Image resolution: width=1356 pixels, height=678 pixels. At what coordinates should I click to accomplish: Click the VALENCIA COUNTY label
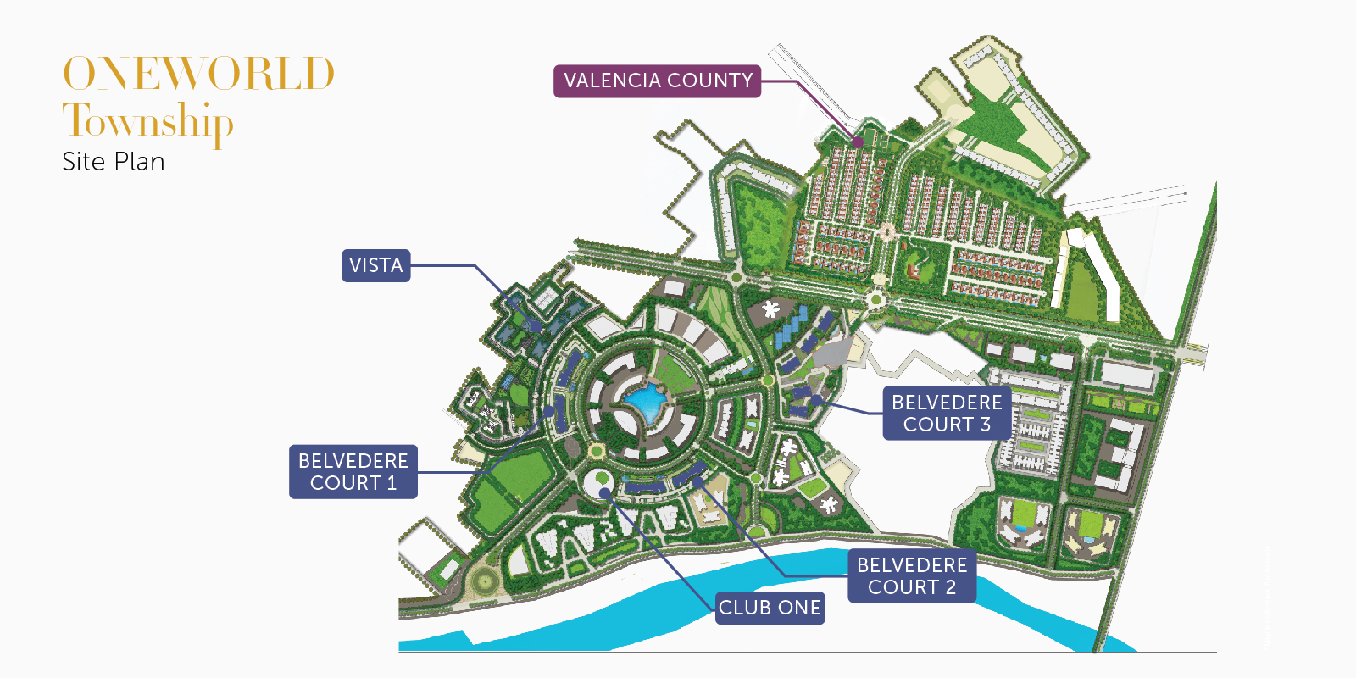657,81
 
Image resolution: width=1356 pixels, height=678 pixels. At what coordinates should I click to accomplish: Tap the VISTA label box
375,265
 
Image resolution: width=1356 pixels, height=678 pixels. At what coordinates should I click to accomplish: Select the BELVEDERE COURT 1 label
353,472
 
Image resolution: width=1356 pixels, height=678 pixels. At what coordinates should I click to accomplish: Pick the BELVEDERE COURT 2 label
911,576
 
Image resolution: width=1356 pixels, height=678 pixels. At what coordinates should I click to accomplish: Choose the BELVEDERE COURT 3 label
947,414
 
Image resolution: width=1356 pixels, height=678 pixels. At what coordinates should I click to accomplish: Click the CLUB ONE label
770,608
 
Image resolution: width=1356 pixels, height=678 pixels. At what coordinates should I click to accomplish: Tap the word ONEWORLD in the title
199,74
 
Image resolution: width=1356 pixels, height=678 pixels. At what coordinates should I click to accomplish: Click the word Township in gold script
147,121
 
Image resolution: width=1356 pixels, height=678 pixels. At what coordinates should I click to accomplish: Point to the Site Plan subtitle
114,162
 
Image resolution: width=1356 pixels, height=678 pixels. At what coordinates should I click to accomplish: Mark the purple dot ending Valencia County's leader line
858,142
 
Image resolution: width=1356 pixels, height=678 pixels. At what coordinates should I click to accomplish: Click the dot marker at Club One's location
603,492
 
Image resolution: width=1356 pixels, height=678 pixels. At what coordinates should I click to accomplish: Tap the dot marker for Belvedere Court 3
815,400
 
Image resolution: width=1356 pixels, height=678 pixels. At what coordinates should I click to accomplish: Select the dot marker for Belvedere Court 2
697,482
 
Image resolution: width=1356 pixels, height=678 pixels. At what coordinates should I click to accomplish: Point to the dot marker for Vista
536,325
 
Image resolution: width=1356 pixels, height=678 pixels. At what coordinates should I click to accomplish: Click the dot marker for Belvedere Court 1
549,412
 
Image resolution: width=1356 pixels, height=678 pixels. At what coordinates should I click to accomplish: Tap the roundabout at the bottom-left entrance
485,581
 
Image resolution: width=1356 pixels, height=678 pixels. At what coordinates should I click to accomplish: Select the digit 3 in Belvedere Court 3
986,425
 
